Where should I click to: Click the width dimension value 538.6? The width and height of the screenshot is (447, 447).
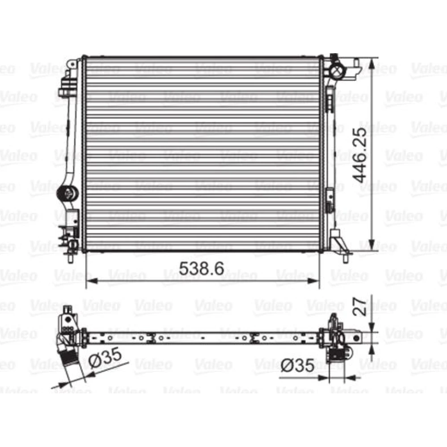(201, 268)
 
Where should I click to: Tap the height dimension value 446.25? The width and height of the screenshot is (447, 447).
(359, 155)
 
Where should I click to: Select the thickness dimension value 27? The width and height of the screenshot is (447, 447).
(359, 307)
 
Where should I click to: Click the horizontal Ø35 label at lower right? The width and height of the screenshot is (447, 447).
(298, 365)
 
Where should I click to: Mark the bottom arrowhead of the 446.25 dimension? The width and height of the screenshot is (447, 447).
(371, 245)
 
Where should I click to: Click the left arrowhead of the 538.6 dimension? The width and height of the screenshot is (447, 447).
(92, 281)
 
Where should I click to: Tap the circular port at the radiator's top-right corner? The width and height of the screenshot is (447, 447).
(337, 71)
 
